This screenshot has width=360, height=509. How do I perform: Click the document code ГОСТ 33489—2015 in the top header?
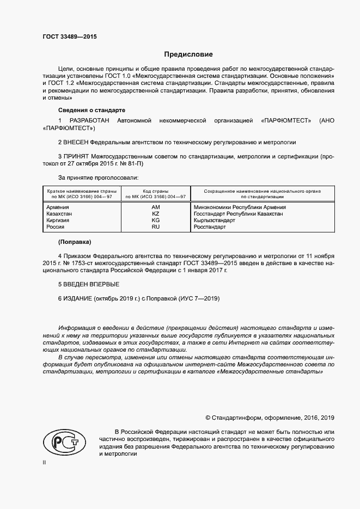point(69,37)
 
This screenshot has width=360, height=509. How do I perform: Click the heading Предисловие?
point(188,54)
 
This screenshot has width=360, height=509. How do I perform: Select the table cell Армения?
point(58,207)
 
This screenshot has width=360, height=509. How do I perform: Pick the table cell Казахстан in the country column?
point(59,214)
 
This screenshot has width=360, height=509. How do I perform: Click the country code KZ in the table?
point(155,214)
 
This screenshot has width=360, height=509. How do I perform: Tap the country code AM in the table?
point(155,207)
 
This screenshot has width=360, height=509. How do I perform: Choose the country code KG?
point(155,220)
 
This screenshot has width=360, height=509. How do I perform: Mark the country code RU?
point(155,227)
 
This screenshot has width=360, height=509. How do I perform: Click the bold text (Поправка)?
point(75,241)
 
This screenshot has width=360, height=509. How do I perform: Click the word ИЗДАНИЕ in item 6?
point(78,299)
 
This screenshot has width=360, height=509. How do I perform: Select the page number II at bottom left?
point(44,462)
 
